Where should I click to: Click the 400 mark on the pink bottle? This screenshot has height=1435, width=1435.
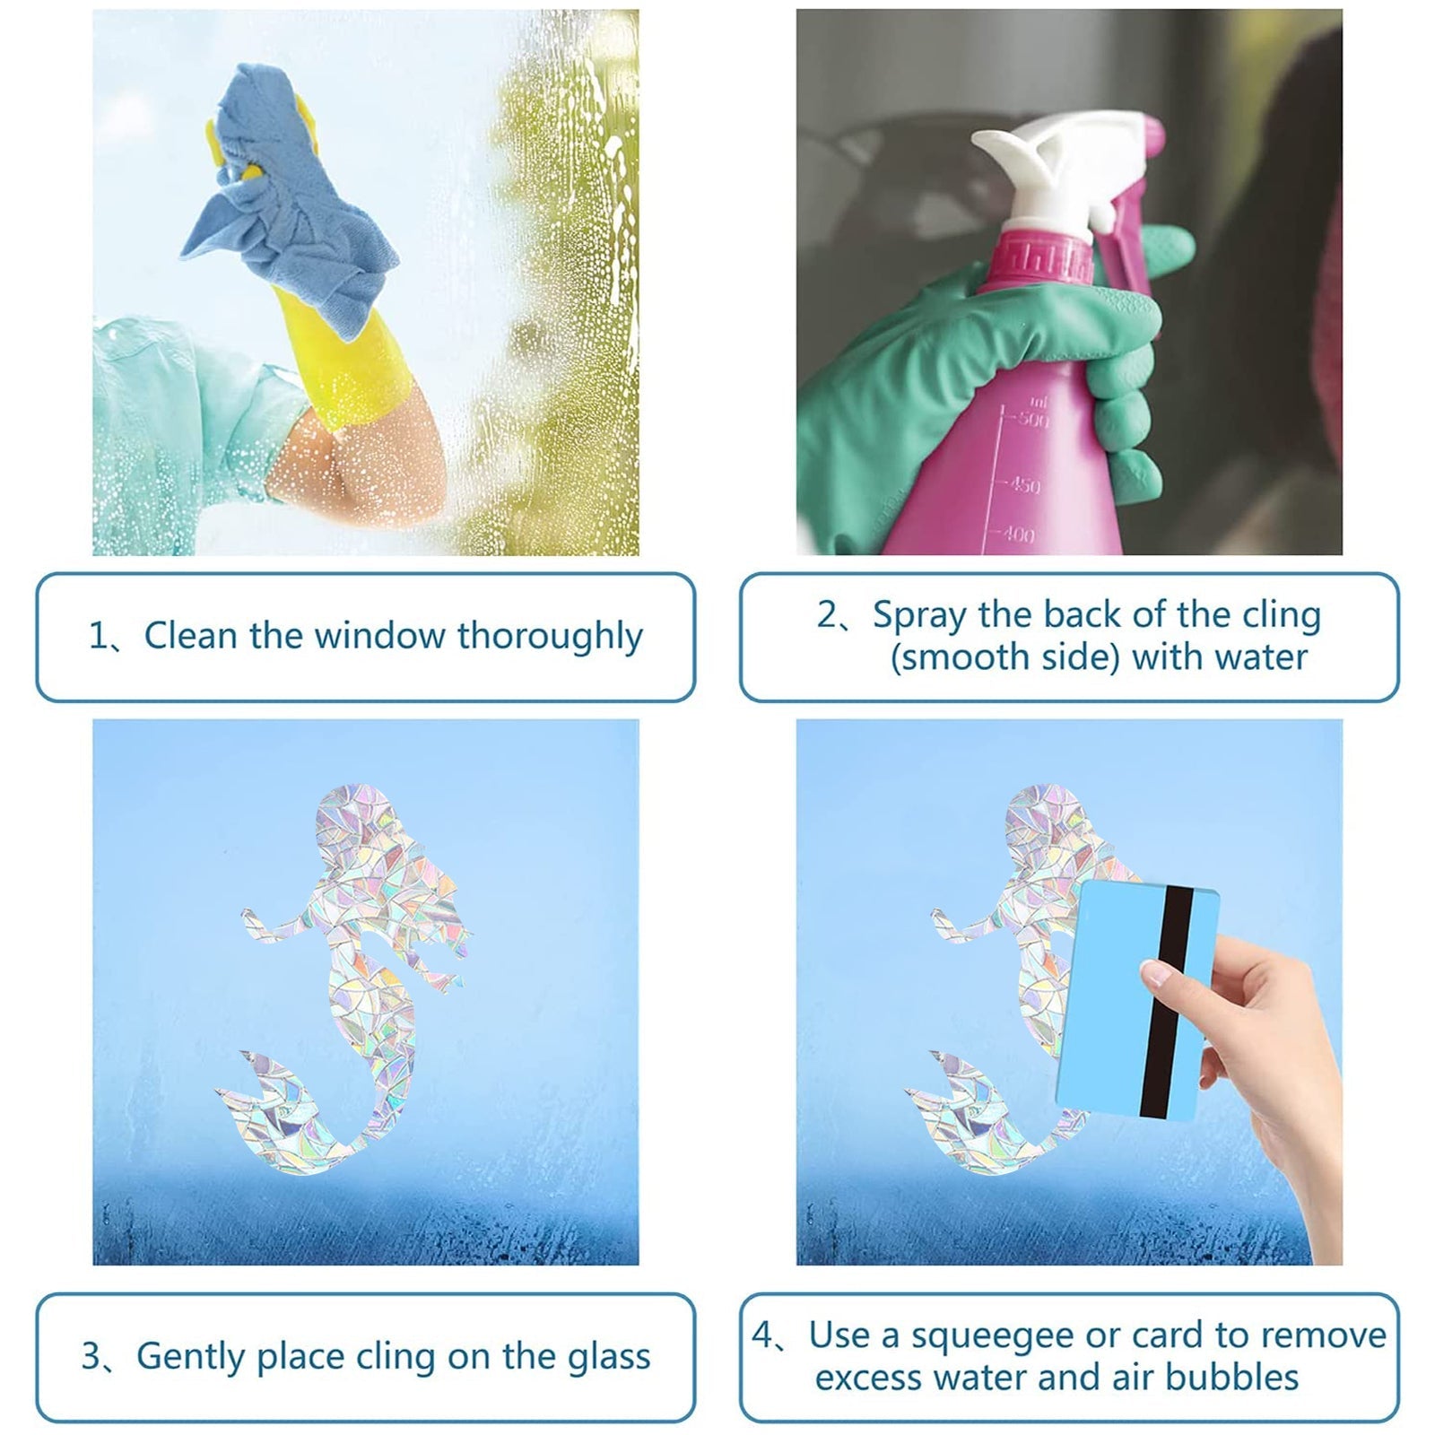(x=1019, y=535)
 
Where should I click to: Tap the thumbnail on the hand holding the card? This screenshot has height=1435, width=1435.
(x=1156, y=971)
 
